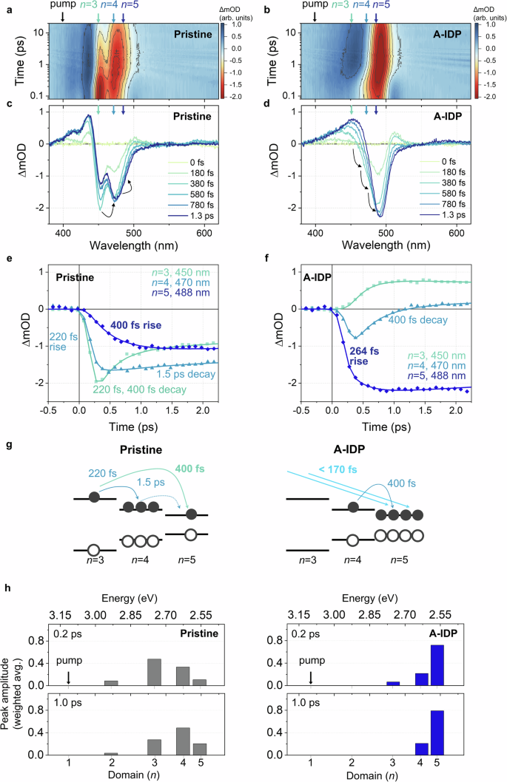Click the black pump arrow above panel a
click(x=63, y=17)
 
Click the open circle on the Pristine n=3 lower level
click(x=93, y=550)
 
